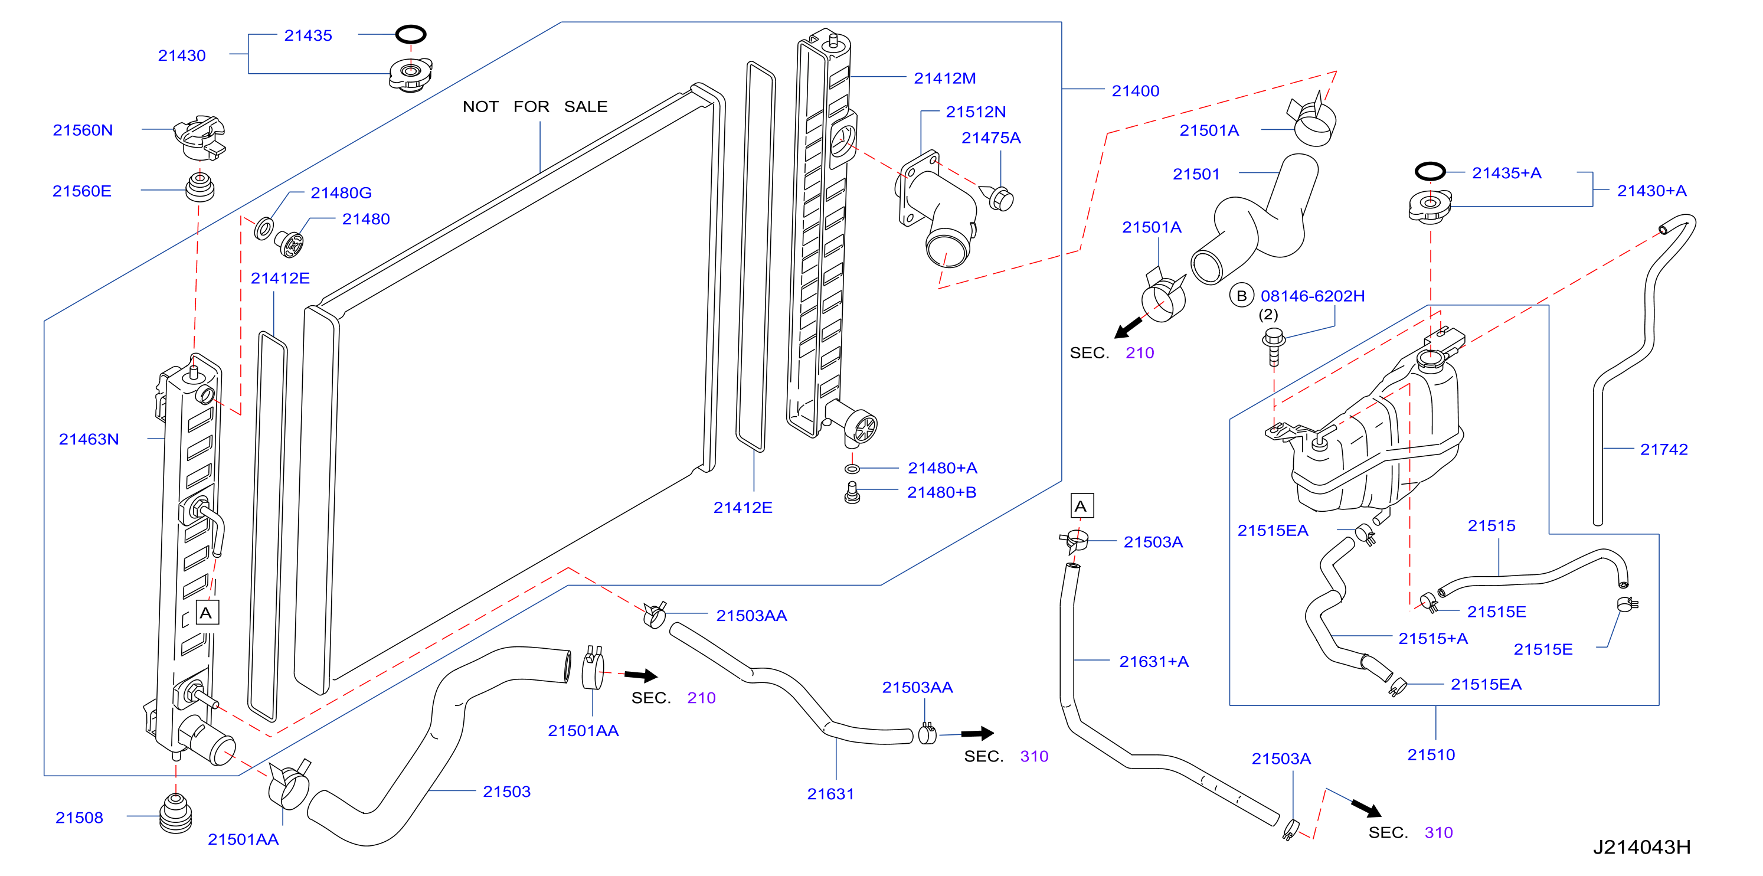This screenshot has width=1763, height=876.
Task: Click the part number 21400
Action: coord(1136,91)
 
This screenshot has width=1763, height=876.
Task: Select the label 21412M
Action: coord(944,79)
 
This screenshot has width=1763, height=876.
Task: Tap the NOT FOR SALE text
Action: coord(535,107)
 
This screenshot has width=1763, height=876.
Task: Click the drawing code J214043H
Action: coord(1641,847)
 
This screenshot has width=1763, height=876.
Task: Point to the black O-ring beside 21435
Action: coord(411,34)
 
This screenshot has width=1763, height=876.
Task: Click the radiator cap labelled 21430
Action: coord(411,74)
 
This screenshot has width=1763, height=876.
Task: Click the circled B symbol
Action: coord(1241,296)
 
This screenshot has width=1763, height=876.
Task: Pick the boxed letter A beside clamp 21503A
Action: coord(1081,506)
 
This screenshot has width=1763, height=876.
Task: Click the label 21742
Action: coord(1664,450)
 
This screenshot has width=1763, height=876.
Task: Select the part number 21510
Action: coord(1431,755)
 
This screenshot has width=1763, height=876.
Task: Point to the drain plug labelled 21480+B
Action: coord(852,493)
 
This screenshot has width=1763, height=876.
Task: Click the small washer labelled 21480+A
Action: coord(852,469)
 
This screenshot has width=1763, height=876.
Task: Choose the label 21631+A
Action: coord(1154,662)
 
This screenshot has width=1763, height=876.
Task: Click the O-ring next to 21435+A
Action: coord(1430,171)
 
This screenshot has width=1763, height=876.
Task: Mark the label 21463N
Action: coord(89,439)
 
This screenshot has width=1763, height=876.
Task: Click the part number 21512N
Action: coord(976,112)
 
